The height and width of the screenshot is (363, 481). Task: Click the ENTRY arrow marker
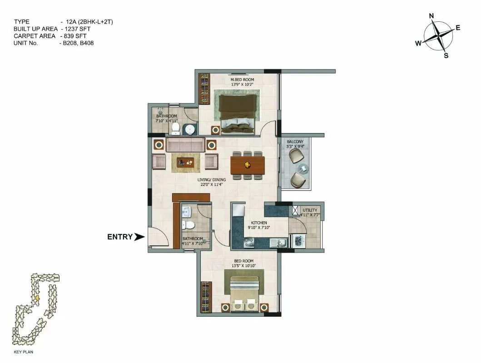point(139,237)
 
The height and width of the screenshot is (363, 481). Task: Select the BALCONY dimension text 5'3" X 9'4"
point(295,146)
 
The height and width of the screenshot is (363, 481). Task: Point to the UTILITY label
point(310,210)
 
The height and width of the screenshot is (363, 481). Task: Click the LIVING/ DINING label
point(211,180)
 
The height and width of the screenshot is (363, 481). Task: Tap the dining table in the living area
point(247,165)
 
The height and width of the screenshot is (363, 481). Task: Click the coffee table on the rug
point(186,162)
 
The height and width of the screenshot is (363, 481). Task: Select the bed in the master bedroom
point(237,114)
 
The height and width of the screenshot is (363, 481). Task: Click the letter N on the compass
point(431,16)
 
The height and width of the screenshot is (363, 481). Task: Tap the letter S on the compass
point(446,56)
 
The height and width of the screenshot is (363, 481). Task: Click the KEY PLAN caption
point(25,352)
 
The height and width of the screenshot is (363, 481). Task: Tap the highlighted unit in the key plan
point(37,298)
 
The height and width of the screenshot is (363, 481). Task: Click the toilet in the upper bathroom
point(176,129)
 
